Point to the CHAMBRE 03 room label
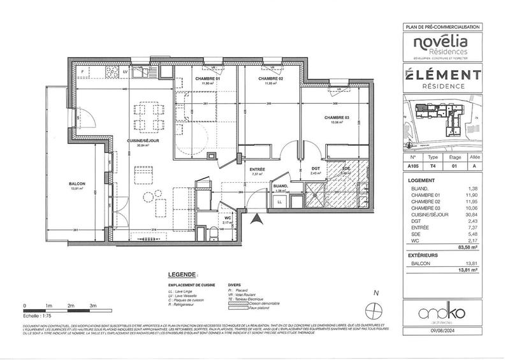337,117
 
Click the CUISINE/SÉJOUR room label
138,140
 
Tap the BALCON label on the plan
77,185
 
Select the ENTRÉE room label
257,169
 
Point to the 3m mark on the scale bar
93,306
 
